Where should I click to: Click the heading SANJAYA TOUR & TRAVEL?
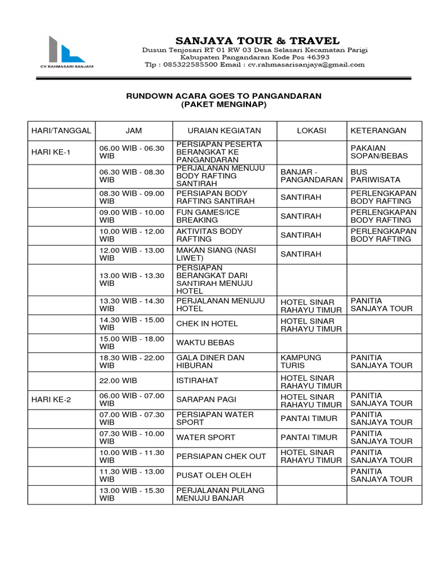point(257,41)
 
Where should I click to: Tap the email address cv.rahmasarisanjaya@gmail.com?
point(305,65)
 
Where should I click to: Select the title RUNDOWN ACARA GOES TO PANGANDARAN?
point(224,96)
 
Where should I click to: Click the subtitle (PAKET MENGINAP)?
point(224,105)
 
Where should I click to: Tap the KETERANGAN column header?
point(378,130)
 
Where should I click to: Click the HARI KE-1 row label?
point(51,152)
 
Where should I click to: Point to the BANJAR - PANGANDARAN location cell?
point(311,175)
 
